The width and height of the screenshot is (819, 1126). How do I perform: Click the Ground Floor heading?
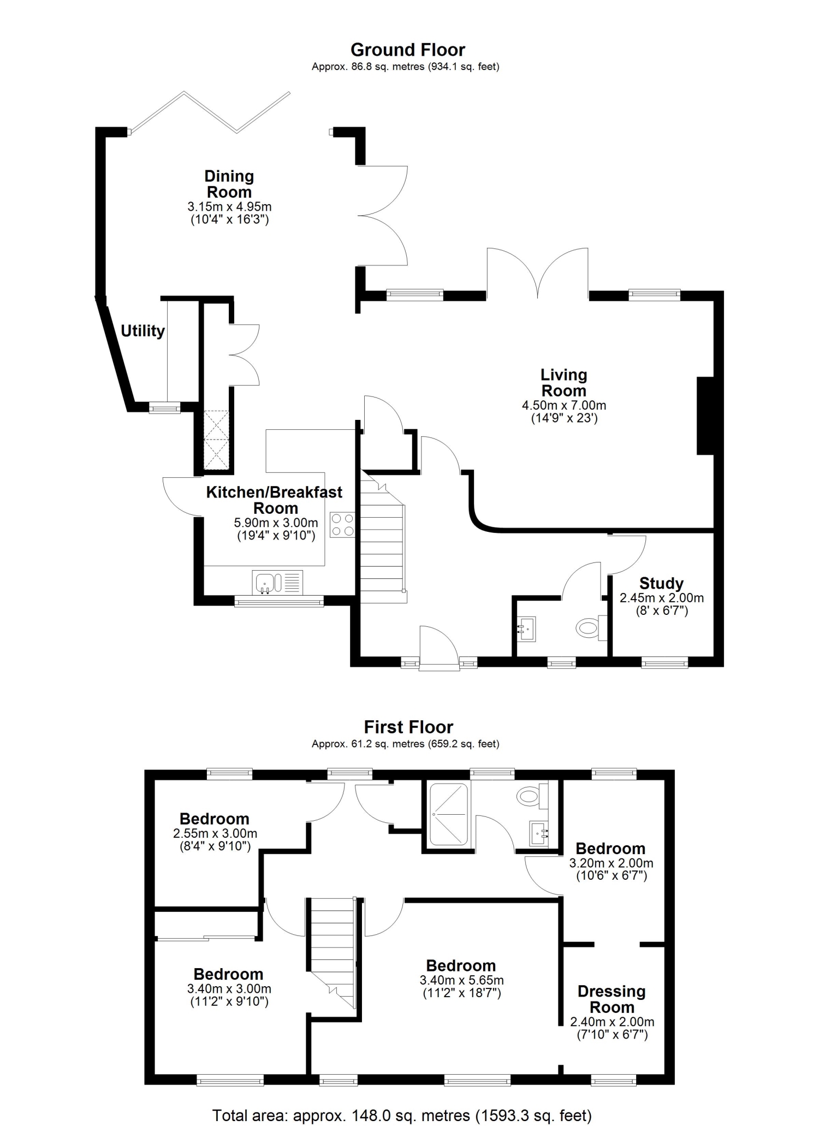[407, 50]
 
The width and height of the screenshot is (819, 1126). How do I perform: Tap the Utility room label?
[143, 331]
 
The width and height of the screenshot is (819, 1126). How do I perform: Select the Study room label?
[661, 583]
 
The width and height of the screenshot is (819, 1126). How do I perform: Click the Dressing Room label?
[612, 999]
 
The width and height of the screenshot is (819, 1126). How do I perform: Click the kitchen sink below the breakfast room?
[277, 582]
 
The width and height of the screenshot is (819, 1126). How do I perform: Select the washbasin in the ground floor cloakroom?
[527, 628]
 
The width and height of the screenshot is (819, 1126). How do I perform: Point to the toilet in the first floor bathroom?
[532, 796]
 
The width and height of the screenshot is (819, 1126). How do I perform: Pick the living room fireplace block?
[705, 416]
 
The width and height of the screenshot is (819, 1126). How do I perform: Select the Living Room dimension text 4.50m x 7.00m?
[564, 406]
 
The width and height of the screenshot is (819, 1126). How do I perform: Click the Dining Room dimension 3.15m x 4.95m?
[229, 207]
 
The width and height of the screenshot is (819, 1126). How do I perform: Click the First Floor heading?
[408, 727]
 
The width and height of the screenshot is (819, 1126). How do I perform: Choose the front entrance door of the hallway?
[438, 648]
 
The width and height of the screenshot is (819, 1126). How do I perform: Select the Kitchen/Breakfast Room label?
[275, 500]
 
